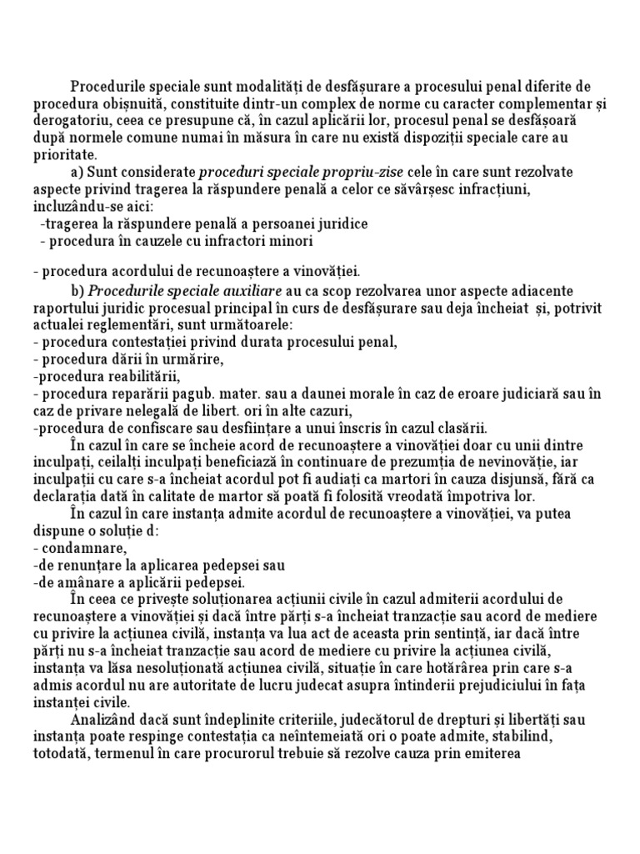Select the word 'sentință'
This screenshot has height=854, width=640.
463,635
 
